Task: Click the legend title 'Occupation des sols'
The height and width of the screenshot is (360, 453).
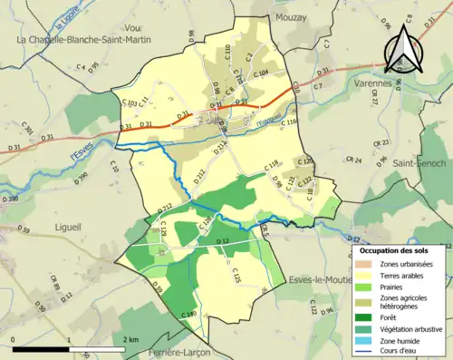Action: pyautogui.click(x=400, y=249)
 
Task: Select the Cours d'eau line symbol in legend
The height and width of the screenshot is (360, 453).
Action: pyautogui.click(x=366, y=353)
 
